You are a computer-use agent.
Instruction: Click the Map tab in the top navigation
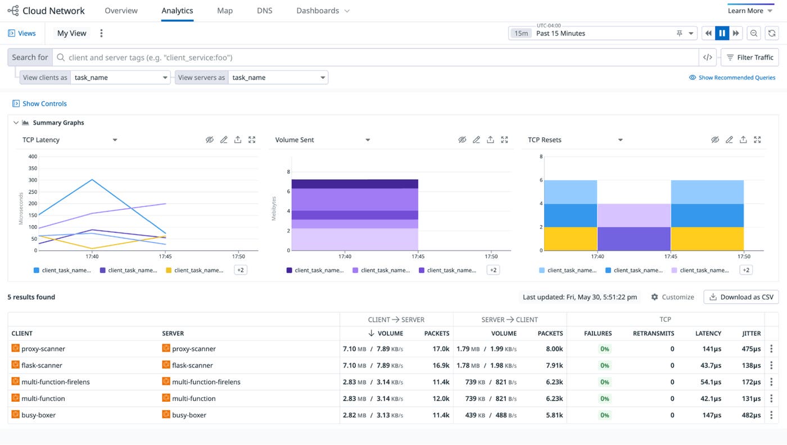[x=224, y=11]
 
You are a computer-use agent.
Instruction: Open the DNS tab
[x=264, y=11]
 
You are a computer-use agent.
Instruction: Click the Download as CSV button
[x=741, y=297]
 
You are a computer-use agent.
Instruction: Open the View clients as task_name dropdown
[x=120, y=78]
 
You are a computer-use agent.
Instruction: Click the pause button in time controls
[x=722, y=33]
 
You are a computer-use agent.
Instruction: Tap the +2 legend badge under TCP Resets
[x=746, y=270]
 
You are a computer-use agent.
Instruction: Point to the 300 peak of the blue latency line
[x=92, y=180]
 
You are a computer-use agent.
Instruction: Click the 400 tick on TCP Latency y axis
[x=33, y=156]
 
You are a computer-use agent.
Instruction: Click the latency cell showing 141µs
[x=711, y=349]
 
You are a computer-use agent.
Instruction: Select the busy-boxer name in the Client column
[x=38, y=415]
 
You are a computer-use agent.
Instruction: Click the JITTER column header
[x=751, y=333]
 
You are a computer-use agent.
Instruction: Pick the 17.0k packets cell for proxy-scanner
[x=441, y=349]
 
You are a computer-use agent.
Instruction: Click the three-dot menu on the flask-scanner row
[x=771, y=365]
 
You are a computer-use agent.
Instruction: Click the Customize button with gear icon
[x=672, y=297]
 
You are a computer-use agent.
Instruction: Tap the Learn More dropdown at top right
[x=750, y=11]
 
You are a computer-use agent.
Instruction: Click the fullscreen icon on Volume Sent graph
[x=504, y=140]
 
